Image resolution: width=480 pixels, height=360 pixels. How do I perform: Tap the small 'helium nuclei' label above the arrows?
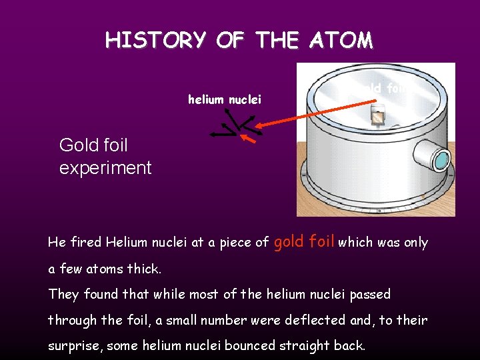(x=225, y=100)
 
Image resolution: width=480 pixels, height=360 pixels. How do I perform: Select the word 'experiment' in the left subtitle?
(x=105, y=167)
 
